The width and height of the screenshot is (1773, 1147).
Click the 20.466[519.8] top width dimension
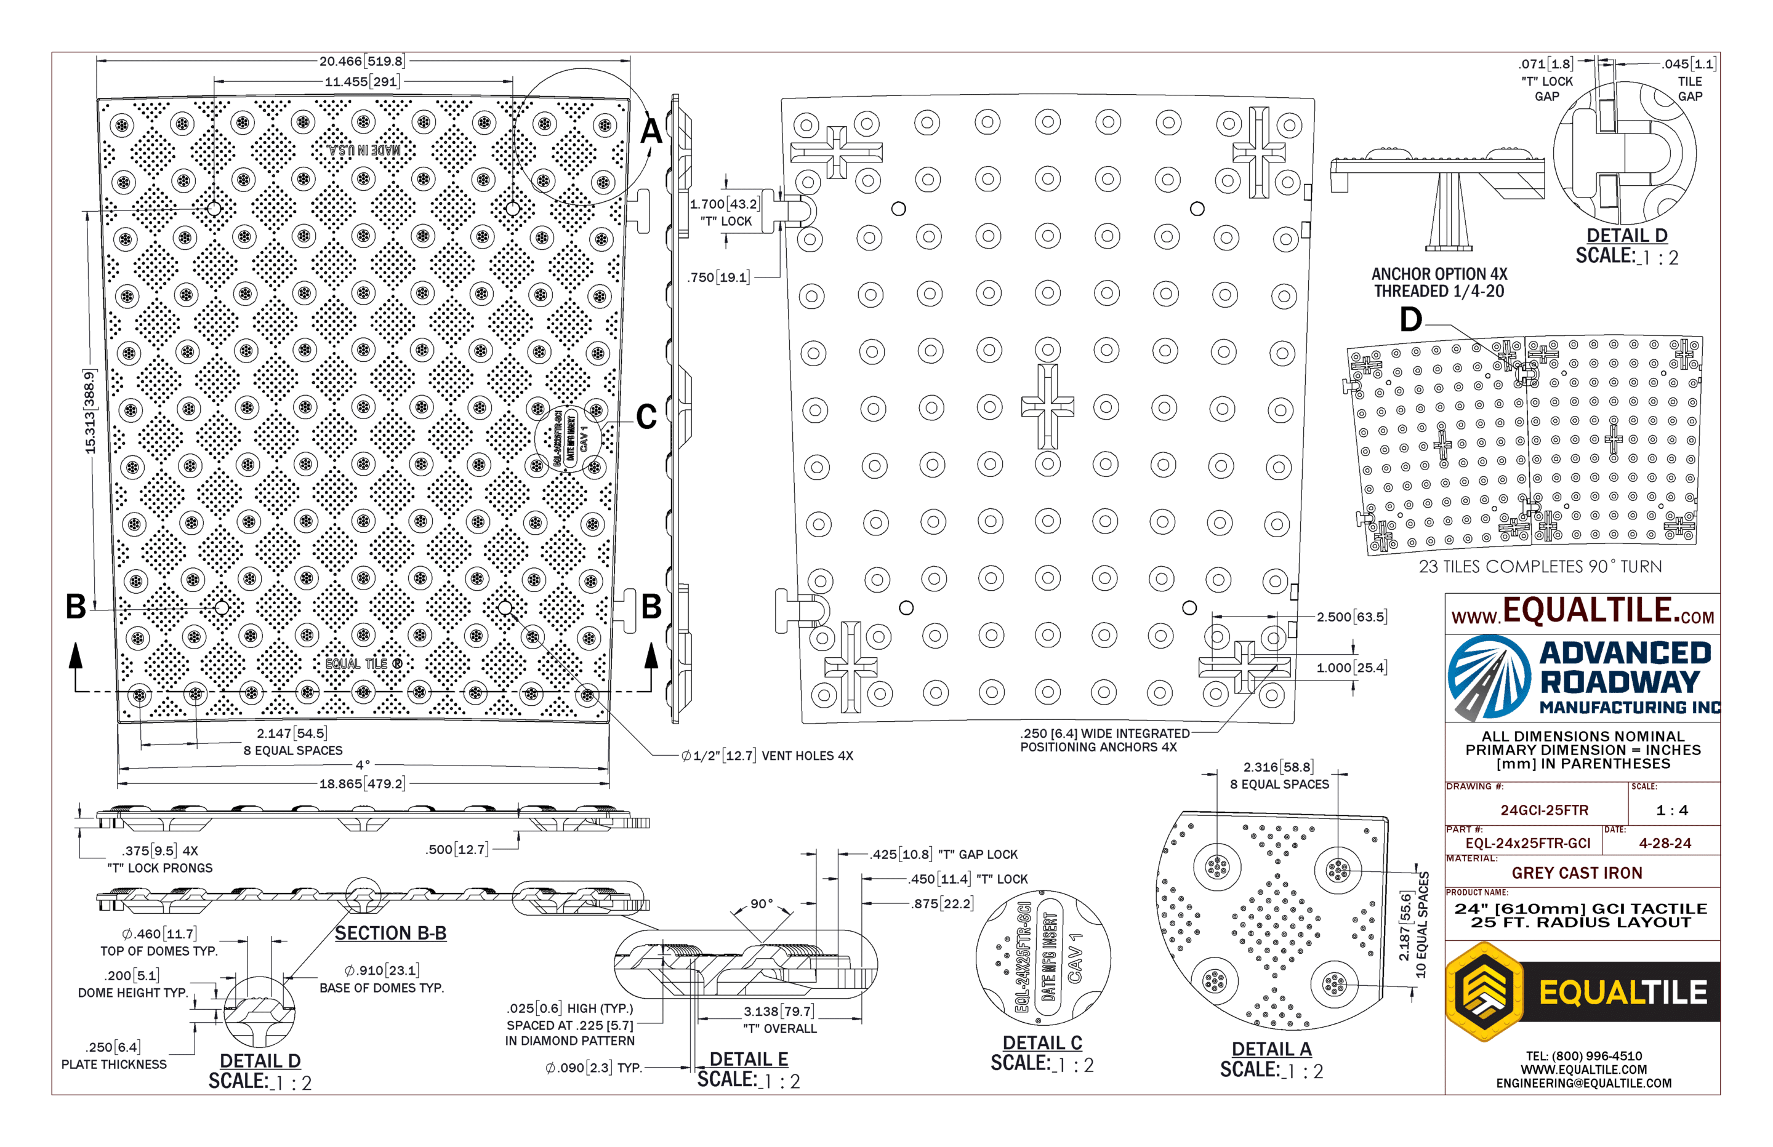click(362, 61)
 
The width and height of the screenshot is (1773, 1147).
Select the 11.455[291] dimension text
click(362, 81)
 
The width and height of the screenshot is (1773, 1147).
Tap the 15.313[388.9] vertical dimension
click(90, 412)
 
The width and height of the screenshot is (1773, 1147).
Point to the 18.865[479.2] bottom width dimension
click(362, 783)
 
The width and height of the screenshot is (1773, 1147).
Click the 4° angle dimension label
click(363, 765)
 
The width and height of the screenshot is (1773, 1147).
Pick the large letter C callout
click(646, 417)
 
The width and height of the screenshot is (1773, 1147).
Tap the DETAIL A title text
click(1271, 1049)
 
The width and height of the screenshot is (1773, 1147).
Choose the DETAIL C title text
click(1042, 1043)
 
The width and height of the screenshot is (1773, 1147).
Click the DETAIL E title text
click(749, 1058)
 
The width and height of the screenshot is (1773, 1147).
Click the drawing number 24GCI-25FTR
click(1545, 810)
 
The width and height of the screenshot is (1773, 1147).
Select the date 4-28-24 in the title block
click(1665, 843)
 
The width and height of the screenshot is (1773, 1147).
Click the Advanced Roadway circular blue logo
click(1489, 676)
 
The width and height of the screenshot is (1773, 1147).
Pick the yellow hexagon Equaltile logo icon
click(1485, 991)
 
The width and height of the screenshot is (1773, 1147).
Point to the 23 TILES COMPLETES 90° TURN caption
click(1540, 567)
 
